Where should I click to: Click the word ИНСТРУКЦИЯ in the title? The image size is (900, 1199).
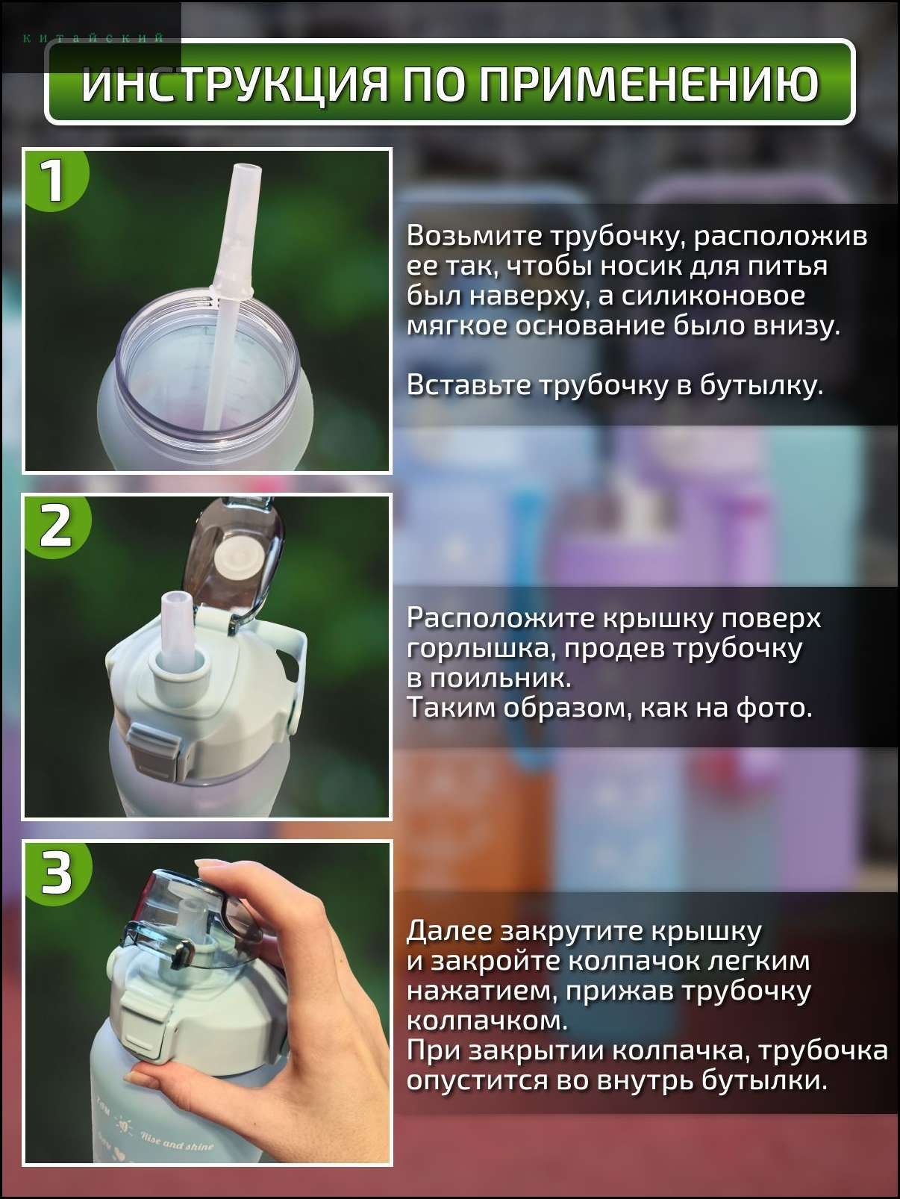[234, 84]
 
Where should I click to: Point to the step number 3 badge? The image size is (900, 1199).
[56, 872]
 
